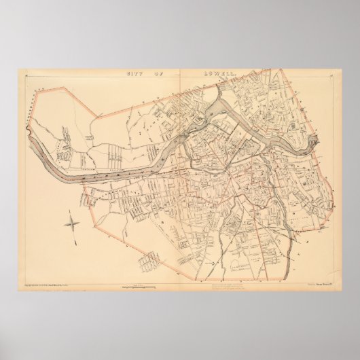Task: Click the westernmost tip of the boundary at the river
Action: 29,134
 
